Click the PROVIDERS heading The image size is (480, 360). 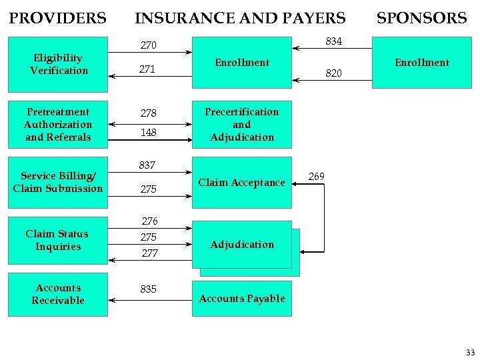pos(57,18)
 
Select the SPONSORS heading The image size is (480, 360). pos(421,18)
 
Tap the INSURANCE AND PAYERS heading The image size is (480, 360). pos(240,18)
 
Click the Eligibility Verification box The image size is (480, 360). pos(58,64)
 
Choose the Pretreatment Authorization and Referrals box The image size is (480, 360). pos(58,124)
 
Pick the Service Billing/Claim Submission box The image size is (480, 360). pos(58,182)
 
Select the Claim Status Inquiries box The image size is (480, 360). pos(58,240)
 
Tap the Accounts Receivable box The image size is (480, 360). pos(58,294)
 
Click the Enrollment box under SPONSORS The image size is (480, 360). pos(421,63)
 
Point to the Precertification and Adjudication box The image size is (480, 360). pos(241,124)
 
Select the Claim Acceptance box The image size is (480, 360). pos(241,183)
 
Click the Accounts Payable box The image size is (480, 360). pos(241,299)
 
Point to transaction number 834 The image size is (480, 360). pos(333,41)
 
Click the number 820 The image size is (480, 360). pos(333,73)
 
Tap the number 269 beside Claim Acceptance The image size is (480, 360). pos(317,177)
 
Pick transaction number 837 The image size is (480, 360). pos(147,165)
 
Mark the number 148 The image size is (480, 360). pos(148,133)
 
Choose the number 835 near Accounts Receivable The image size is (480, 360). pos(148,289)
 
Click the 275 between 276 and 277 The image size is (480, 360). pos(148,237)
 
